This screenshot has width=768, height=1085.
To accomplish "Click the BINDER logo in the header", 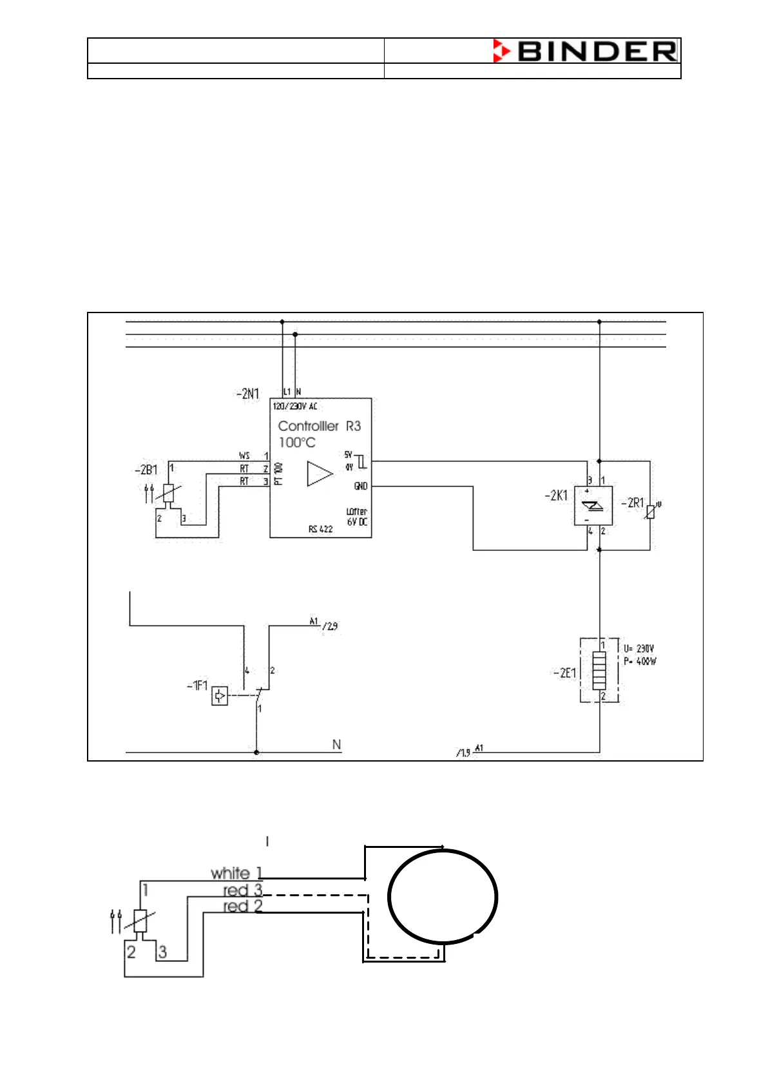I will click(x=585, y=51).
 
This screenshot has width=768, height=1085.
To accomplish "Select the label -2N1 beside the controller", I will click(x=248, y=394).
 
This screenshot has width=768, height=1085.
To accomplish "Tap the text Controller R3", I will click(x=319, y=426).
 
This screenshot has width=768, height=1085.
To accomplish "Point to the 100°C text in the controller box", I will click(x=297, y=443).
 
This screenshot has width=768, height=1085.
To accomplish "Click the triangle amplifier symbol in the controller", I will click(x=320, y=474).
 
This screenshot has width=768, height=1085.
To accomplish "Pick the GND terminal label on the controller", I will click(x=361, y=486).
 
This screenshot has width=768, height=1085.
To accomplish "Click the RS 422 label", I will click(x=320, y=529).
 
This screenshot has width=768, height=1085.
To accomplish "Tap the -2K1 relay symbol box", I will click(x=593, y=506).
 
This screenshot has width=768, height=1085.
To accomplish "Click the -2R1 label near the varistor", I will click(x=632, y=503).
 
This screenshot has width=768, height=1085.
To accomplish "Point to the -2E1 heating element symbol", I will click(x=599, y=670).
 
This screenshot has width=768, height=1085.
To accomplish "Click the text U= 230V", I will click(x=638, y=649).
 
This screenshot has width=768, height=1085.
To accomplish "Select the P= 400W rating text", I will click(x=639, y=662).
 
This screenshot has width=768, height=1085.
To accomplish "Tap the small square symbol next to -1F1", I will click(x=220, y=696).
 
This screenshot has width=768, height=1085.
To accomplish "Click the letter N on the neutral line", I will click(x=336, y=745).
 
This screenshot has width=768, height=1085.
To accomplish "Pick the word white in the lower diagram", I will click(x=230, y=874).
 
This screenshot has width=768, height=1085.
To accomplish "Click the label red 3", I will click(x=243, y=890).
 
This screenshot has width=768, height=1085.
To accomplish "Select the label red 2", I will click(x=243, y=907).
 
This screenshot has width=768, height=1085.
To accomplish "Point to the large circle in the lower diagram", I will click(x=443, y=896).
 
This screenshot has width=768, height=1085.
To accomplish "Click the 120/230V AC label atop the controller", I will click(x=294, y=407).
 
